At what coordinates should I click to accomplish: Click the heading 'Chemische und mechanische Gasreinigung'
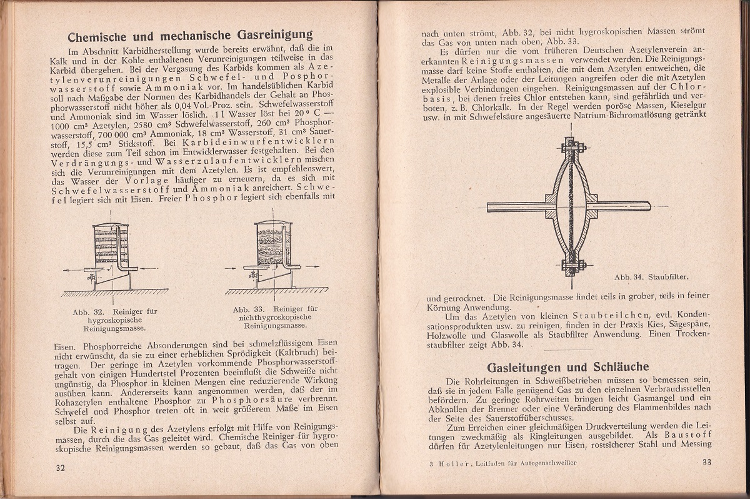pos(190,35)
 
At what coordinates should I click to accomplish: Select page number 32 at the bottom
pos(61,467)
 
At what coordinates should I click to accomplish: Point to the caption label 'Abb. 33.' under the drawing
pos(250,309)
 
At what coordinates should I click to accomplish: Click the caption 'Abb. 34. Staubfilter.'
pos(647,275)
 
